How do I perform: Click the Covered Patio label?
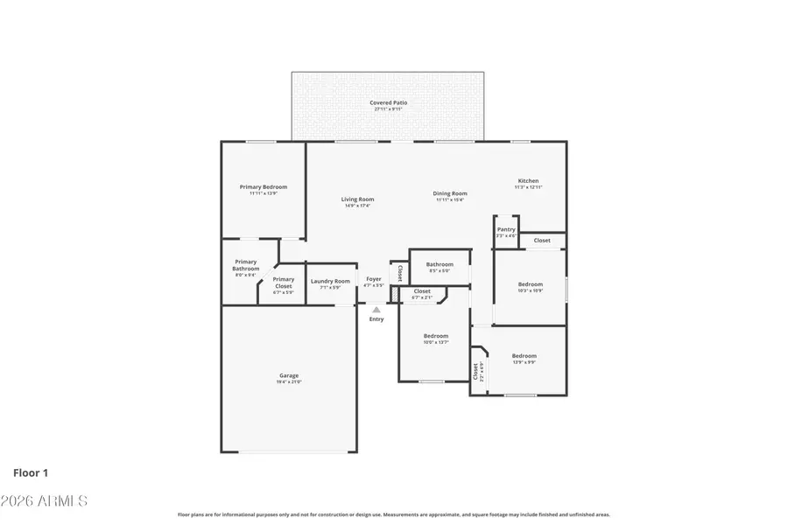pos(388,103)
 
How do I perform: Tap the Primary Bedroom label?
pos(264,186)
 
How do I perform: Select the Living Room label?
pos(357,199)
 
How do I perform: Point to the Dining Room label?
pos(451,193)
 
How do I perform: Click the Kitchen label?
pos(528,181)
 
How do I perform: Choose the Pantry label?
pos(506,229)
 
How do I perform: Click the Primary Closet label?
pos(283,283)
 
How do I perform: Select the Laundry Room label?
pos(330,281)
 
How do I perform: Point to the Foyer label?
pos(374,279)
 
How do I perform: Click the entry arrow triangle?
pos(376,309)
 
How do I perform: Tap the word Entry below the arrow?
pos(376,319)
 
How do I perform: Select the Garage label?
pos(289,375)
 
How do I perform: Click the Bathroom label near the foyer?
pos(440,264)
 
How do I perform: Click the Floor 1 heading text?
pos(31,473)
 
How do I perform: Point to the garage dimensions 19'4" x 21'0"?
pos(289,381)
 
